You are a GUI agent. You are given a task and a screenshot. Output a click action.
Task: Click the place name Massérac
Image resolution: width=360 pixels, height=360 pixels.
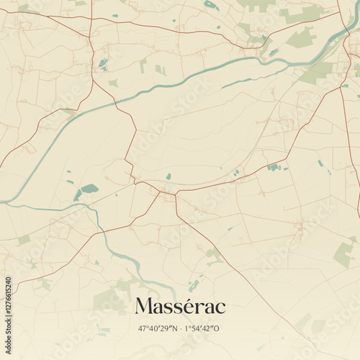(180, 306)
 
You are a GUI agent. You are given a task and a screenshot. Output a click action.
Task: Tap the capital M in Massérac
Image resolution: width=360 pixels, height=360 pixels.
(143, 306)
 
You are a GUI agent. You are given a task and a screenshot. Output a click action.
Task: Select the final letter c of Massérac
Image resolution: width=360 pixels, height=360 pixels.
(220, 307)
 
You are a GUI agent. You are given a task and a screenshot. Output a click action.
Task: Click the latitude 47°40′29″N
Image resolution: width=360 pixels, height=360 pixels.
(159, 328)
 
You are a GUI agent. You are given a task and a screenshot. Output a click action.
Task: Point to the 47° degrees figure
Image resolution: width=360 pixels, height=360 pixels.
(144, 328)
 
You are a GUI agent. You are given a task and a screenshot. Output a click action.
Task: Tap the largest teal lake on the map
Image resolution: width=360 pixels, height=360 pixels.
(89, 189)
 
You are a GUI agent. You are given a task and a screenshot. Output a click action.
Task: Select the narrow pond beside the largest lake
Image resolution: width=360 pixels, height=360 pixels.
(77, 195)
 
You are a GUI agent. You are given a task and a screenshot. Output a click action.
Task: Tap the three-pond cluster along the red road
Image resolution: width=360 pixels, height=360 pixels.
(273, 167)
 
